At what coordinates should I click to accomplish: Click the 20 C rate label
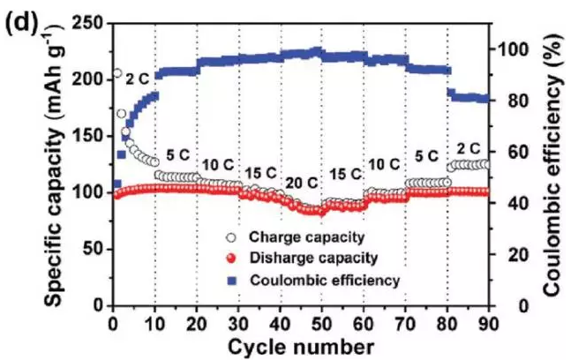point(301,183)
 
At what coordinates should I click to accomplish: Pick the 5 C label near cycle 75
point(426,156)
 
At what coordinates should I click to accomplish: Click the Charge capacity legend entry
point(293,236)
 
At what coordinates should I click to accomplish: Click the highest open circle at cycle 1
point(116,73)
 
